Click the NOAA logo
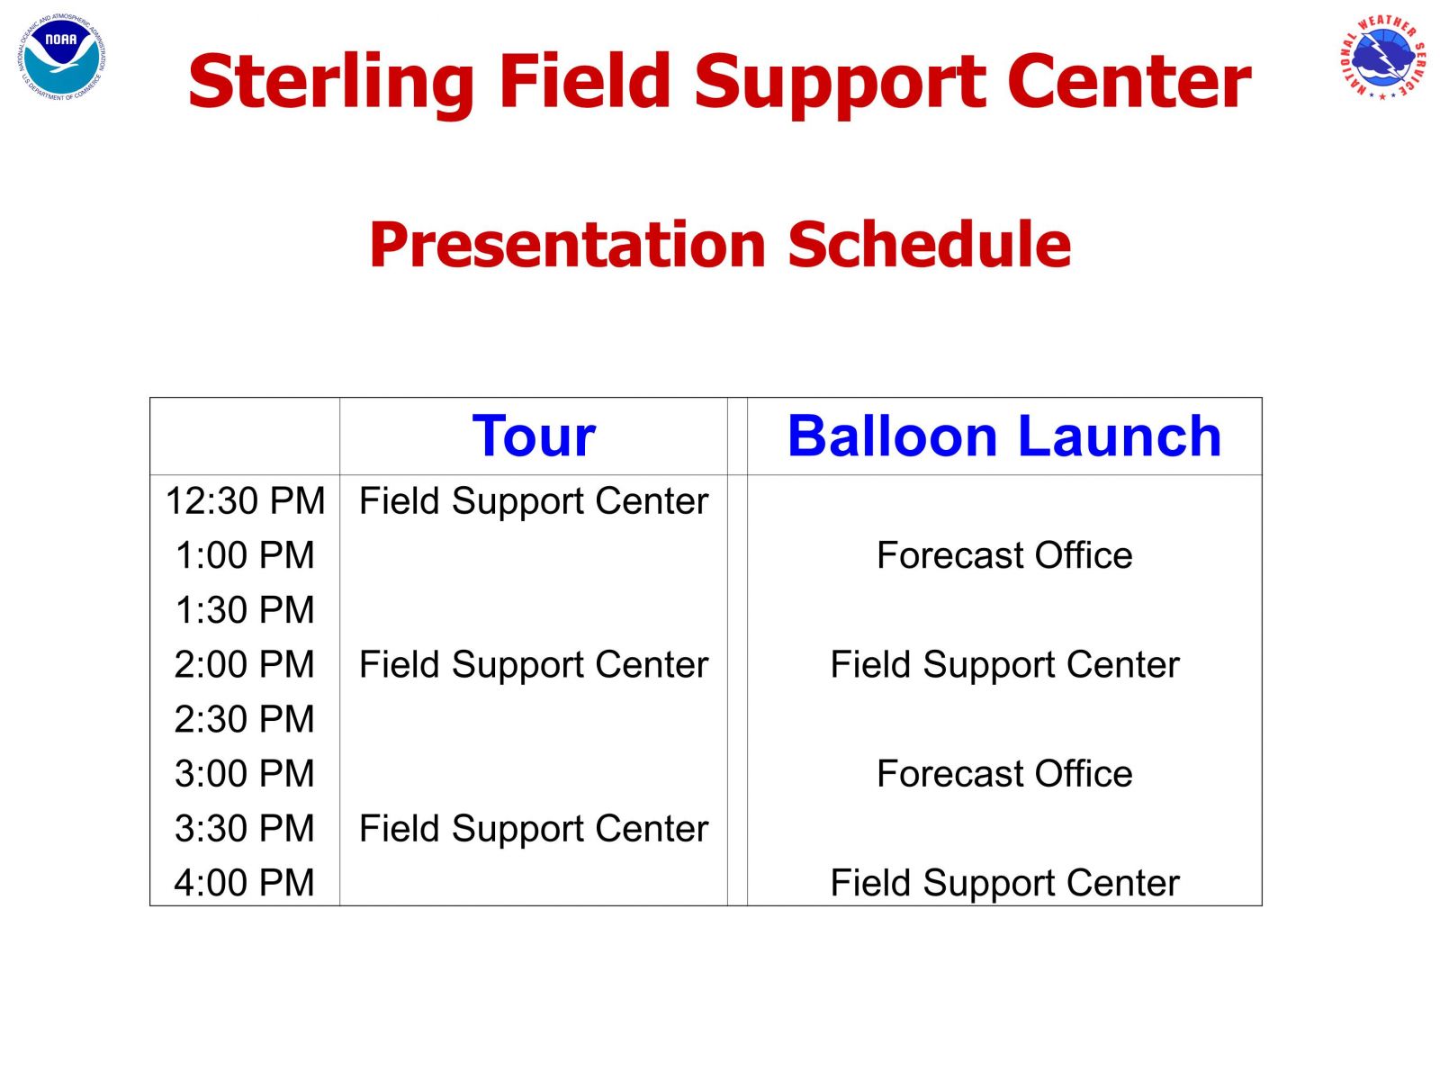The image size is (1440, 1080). pyautogui.click(x=62, y=58)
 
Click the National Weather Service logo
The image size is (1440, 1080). pyautogui.click(x=1382, y=58)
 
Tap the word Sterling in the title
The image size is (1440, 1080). pyautogui.click(x=331, y=84)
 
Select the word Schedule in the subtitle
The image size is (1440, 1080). pyautogui.click(x=929, y=245)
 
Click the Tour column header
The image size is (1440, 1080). pyautogui.click(x=534, y=436)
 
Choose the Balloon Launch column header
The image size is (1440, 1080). pyautogui.click(x=1004, y=436)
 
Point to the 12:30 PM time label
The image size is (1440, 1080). pyautogui.click(x=246, y=501)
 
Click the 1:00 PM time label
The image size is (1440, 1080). pyautogui.click(x=246, y=555)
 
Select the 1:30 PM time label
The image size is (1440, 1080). pyautogui.click(x=246, y=610)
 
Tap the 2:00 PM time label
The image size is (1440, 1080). pyautogui.click(x=245, y=664)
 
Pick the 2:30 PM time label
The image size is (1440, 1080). pyautogui.click(x=245, y=719)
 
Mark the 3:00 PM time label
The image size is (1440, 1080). pyautogui.click(x=245, y=773)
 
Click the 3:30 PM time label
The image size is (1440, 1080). pyautogui.click(x=245, y=828)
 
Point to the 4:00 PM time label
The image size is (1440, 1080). pyautogui.click(x=245, y=883)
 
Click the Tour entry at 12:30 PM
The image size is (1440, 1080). pyautogui.click(x=534, y=501)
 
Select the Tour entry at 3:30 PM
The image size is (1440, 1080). pyautogui.click(x=534, y=829)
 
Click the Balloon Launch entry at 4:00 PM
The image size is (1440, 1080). pyautogui.click(x=1005, y=883)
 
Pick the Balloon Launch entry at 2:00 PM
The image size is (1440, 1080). pyautogui.click(x=1005, y=665)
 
